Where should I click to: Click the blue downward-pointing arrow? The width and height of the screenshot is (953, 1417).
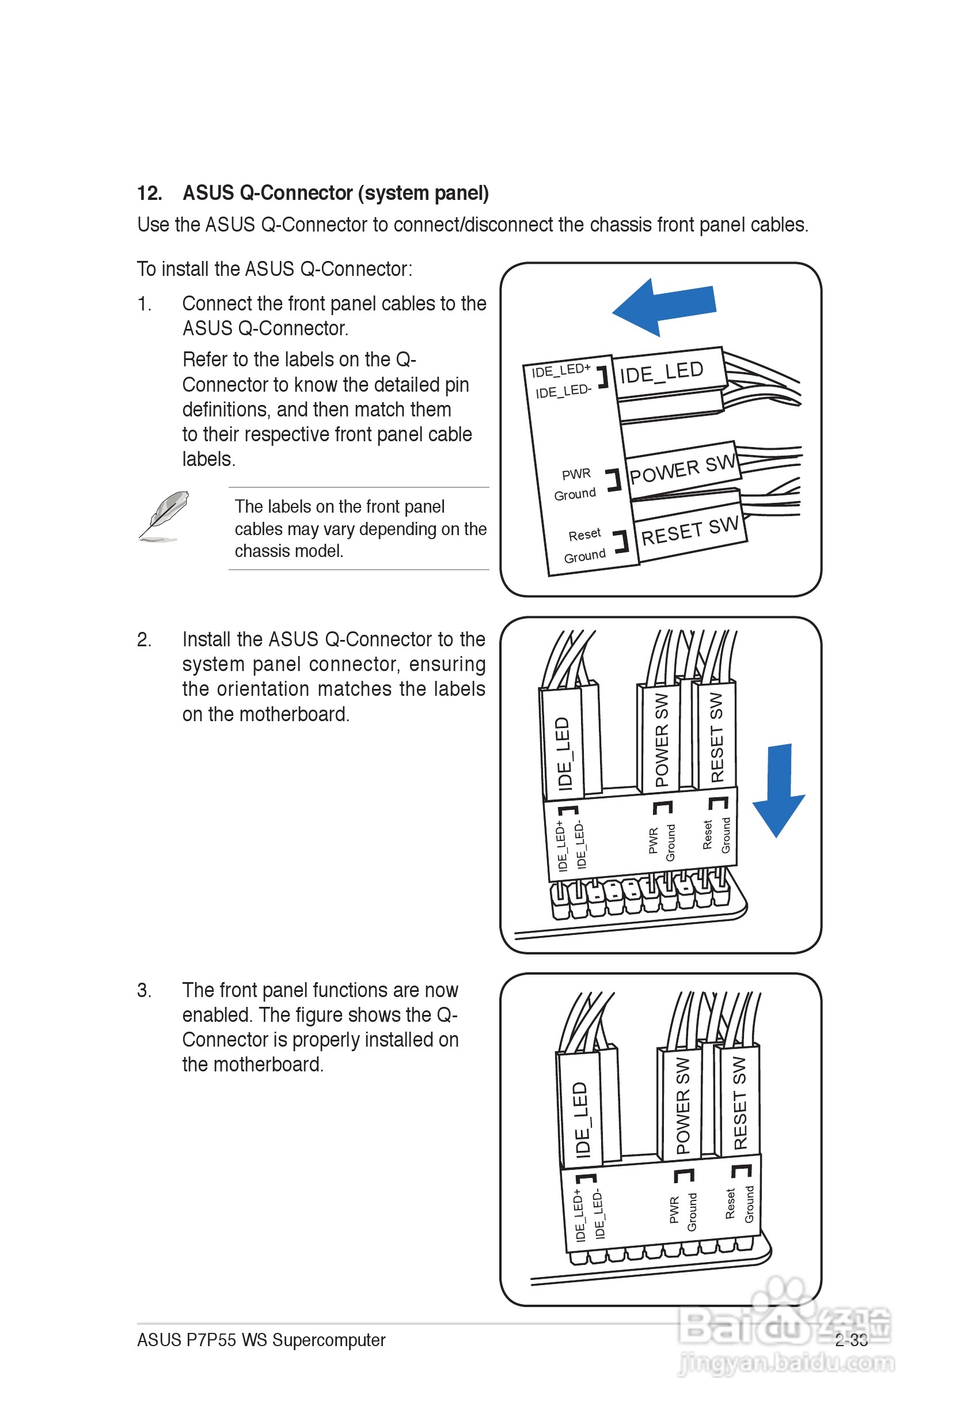tap(779, 790)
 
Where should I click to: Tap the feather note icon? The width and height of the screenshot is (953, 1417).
tap(163, 516)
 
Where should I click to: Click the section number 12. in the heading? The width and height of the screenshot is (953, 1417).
tap(150, 194)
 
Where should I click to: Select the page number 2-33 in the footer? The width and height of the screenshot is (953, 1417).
tap(851, 1340)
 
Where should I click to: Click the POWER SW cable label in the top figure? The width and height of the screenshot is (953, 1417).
tap(682, 469)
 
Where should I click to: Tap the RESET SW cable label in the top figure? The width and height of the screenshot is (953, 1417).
tap(690, 531)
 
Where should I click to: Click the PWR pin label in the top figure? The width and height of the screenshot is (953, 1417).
tap(576, 474)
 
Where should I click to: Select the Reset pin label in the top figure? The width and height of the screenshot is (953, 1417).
tap(584, 535)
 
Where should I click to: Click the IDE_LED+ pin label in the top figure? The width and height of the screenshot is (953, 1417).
tap(560, 370)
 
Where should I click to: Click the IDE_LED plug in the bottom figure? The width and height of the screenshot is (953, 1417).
tap(580, 1119)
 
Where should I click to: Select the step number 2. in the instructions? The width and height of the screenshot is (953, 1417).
tap(144, 639)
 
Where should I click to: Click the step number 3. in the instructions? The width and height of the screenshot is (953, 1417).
tap(144, 990)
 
